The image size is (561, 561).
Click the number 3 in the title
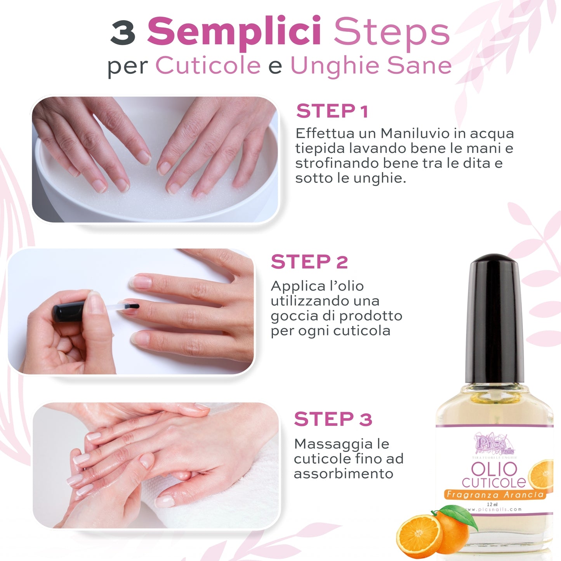(123, 33)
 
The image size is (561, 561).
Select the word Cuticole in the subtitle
(208, 65)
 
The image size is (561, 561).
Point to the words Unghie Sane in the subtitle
(371, 65)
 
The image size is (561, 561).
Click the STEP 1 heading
(332, 111)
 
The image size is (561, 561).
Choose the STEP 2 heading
(309, 262)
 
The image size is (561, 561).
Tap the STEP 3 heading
(333, 420)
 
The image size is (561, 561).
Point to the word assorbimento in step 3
(343, 474)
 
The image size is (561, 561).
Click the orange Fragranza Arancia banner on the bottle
(495, 495)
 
